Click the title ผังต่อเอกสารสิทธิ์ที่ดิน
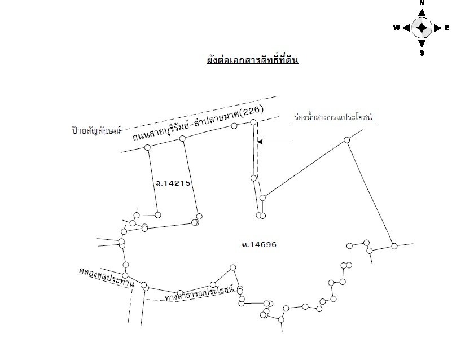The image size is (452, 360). click(252, 60)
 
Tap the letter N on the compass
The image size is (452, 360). click(422, 3)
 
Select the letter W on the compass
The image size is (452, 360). click(397, 28)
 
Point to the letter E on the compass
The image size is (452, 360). click(447, 28)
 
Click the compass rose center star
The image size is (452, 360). click(422, 28)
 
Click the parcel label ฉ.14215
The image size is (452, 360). click(173, 183)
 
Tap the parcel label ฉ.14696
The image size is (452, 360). click(259, 245)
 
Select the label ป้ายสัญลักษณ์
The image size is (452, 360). click(96, 130)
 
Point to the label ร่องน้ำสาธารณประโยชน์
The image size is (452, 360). click(333, 117)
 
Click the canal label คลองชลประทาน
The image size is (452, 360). click(107, 277)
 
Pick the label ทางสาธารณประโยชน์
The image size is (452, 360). click(200, 293)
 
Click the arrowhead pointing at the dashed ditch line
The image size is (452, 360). click(260, 142)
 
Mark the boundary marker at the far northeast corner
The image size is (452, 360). click(347, 140)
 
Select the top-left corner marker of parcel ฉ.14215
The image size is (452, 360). click(147, 148)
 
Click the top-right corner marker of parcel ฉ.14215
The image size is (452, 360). click(182, 139)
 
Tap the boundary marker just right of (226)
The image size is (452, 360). click(253, 122)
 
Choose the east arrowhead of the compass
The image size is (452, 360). click(437, 28)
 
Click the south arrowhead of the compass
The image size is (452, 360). click(422, 43)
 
